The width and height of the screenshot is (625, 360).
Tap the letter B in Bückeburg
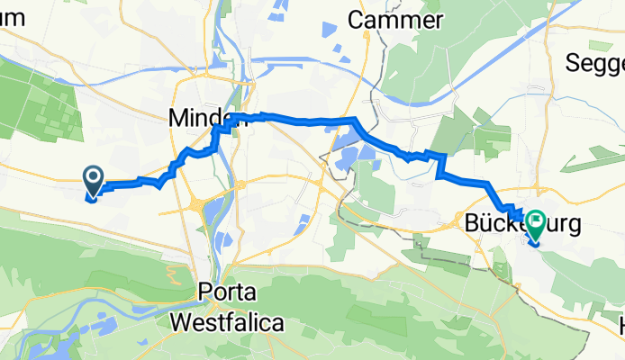point(475,221)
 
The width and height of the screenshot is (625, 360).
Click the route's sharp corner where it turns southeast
point(357,119)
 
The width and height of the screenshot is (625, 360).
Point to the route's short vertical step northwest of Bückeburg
point(440,166)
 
